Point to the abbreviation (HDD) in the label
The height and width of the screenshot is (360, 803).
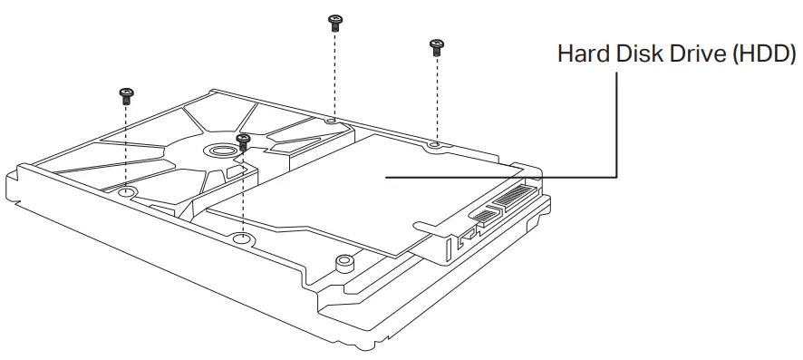(x=764, y=54)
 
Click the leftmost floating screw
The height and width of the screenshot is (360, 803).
(x=126, y=96)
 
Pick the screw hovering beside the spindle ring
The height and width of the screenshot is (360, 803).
(x=243, y=141)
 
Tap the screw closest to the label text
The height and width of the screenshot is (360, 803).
(x=436, y=47)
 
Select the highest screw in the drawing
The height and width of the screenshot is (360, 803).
(x=334, y=23)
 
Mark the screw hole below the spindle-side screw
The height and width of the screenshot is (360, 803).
(x=243, y=238)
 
